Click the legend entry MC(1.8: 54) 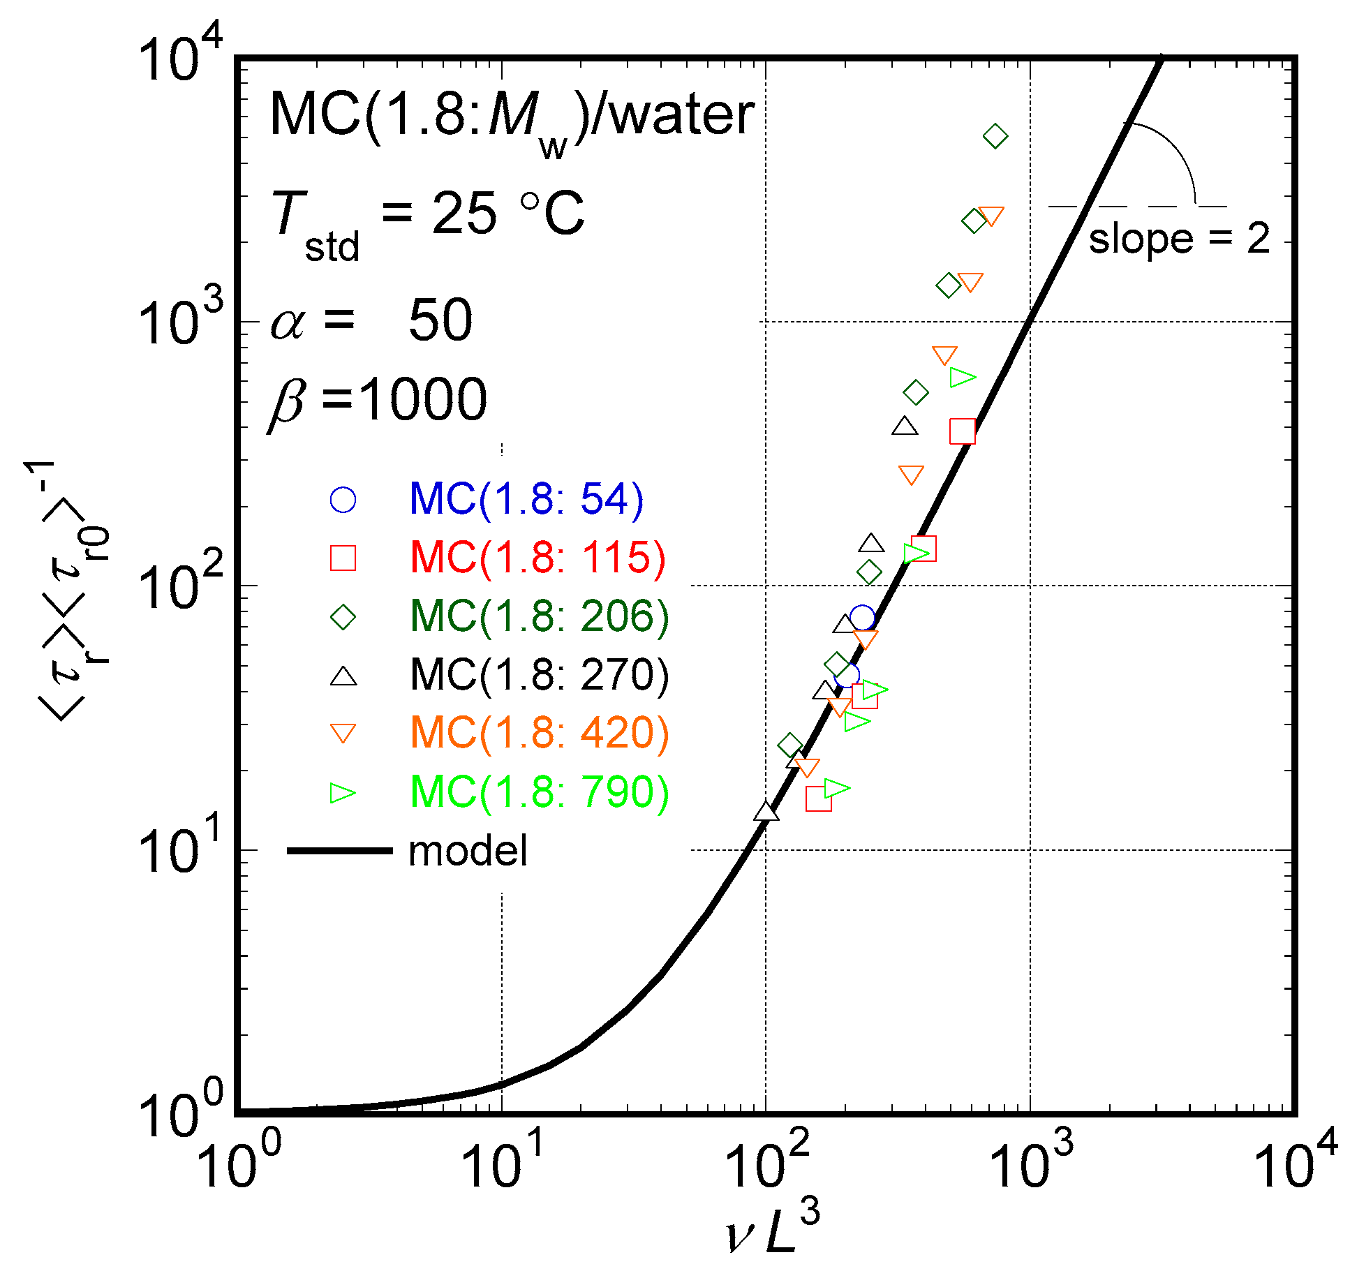coord(526,499)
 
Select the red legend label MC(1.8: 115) coord(537,558)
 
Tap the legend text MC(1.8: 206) coord(539,616)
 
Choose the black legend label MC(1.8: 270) coord(539,675)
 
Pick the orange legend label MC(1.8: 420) coord(539,733)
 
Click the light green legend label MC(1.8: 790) coord(539,792)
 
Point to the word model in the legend coord(468,851)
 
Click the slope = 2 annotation coord(1178,239)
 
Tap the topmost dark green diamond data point coord(995,136)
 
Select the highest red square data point coord(963,431)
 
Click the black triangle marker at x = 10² coord(766,811)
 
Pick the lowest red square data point coord(818,798)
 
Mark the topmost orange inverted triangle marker coord(991,216)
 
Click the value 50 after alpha coord(440,320)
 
